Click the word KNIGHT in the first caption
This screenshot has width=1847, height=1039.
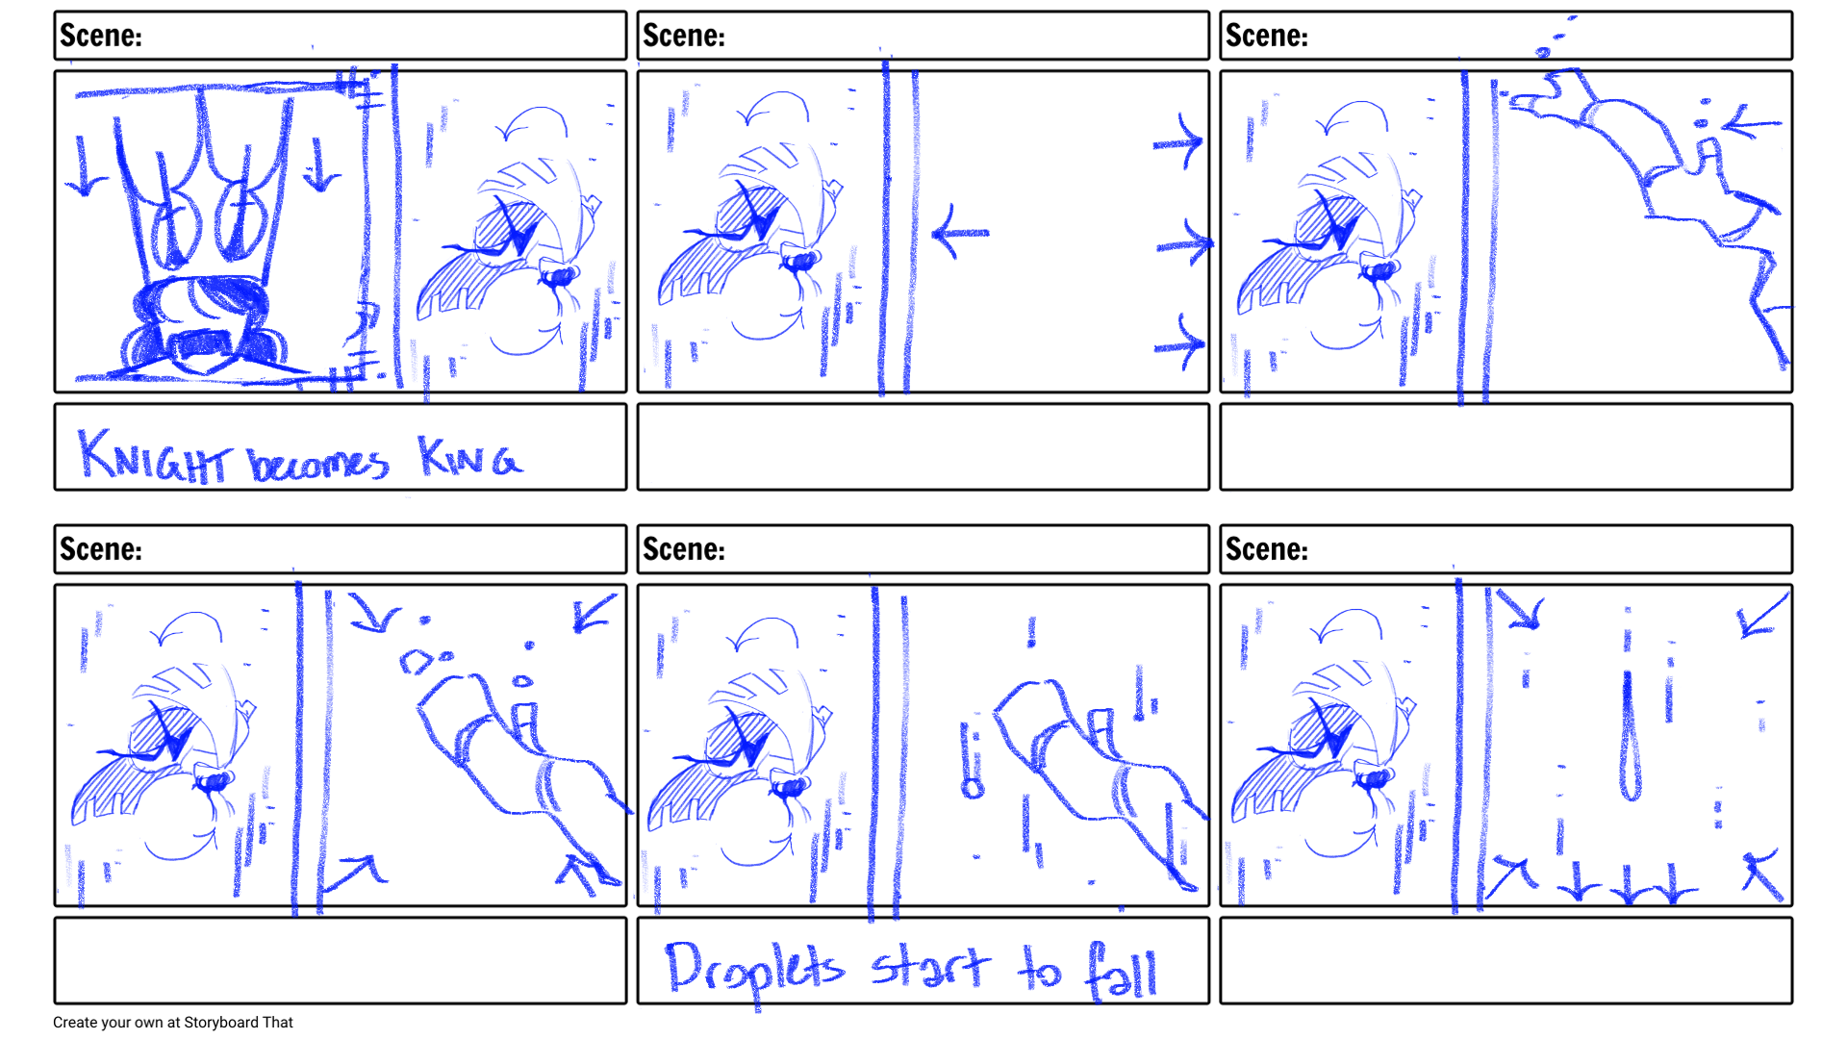[x=154, y=455]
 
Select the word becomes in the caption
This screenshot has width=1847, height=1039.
[x=318, y=463]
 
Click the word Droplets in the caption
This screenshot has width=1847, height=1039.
[x=755, y=970]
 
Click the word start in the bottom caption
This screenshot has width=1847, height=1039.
[x=930, y=967]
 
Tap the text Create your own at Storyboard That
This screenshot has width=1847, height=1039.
[x=173, y=1023]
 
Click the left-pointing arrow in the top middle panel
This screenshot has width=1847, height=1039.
[x=960, y=232]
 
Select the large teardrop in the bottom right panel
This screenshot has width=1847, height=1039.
[x=1630, y=736]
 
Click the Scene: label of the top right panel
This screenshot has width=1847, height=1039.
[x=1267, y=36]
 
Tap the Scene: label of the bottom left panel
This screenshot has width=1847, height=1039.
[x=101, y=549]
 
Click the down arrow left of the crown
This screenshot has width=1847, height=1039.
[x=86, y=165]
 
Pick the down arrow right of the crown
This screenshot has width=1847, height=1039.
[x=321, y=165]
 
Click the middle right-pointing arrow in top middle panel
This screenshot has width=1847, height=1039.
[x=1184, y=242]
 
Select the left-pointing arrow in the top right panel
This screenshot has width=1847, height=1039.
[x=1751, y=123]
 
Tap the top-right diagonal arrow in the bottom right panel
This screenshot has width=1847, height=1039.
[x=1764, y=614]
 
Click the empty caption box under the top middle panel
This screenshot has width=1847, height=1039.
[x=923, y=447]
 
